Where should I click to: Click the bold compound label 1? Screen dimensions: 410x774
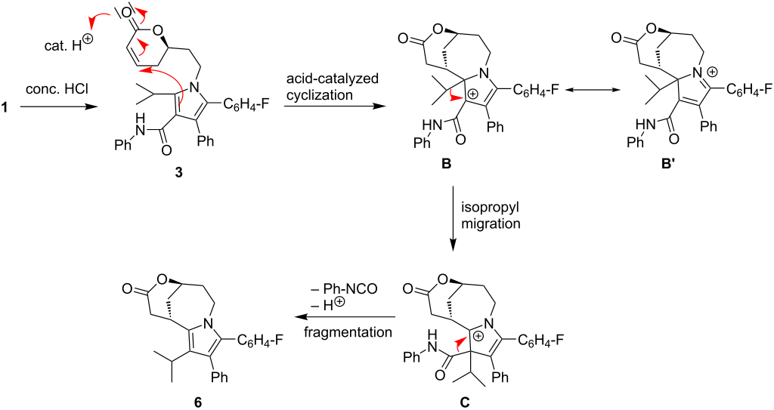tap(5, 108)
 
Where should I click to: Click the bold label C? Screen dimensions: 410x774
tap(465, 398)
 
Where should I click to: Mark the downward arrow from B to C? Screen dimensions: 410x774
tap(452, 213)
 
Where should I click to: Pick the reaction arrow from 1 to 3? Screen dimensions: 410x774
tap(59, 108)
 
